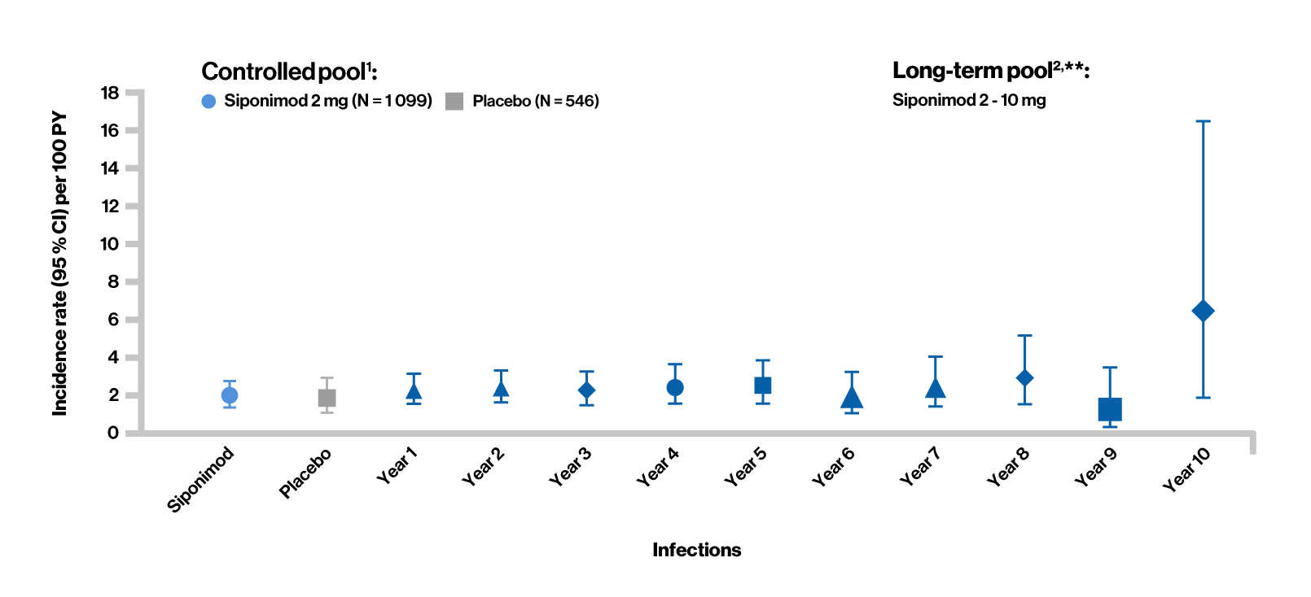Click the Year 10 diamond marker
tap(1203, 311)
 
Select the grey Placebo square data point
tap(327, 398)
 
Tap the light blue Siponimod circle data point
tap(230, 395)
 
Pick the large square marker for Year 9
tap(1110, 409)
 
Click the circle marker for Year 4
tap(675, 388)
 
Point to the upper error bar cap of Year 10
tap(1203, 121)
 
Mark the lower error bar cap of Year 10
tap(1203, 398)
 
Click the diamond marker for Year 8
tap(1024, 378)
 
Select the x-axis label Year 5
tap(745, 468)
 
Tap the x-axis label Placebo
tap(305, 473)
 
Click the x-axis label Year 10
tap(1186, 470)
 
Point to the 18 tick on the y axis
tap(110, 93)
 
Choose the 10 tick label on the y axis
tap(109, 244)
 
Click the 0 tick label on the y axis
tap(113, 433)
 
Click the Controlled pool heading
tap(289, 72)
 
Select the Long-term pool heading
tap(990, 71)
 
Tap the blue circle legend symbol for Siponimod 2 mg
tap(208, 102)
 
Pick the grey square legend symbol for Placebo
tap(454, 102)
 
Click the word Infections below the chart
tap(696, 550)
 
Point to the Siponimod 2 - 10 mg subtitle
tap(969, 100)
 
